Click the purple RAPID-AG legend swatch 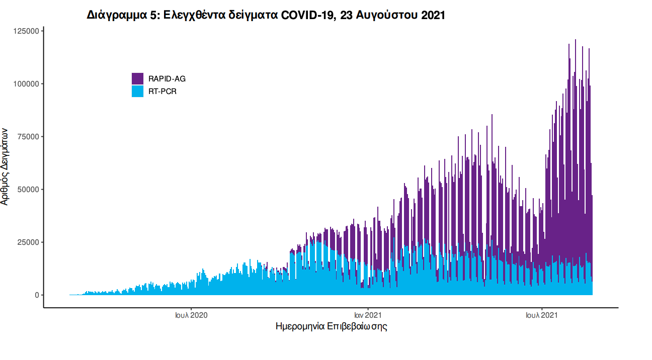click(137, 78)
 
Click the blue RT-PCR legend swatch click(137, 91)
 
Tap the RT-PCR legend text click(162, 92)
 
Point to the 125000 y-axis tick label click(26, 31)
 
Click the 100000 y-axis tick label click(26, 84)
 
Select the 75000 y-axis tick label click(28, 137)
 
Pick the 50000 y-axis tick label click(28, 190)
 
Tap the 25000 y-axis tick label click(28, 242)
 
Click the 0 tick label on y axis click(37, 295)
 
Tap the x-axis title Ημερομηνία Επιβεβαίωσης click(331, 326)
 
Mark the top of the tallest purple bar click(576, 40)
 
